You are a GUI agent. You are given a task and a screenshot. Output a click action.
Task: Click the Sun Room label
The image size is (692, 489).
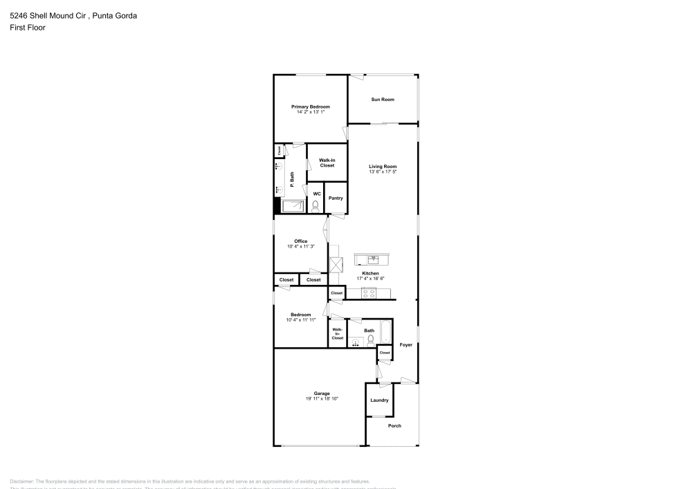tap(383, 100)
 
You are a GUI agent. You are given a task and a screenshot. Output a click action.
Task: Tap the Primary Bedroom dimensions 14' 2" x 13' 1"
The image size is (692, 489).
tap(310, 111)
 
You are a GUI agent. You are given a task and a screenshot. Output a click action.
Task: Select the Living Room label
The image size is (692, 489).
tap(383, 167)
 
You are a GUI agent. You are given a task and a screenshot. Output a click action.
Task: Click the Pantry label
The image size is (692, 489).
tap(336, 199)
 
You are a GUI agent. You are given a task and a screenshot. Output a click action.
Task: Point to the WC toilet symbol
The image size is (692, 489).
tap(316, 205)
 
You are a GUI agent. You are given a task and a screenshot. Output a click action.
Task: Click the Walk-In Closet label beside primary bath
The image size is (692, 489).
tap(327, 163)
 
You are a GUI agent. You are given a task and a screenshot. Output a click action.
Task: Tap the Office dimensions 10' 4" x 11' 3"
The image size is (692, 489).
tap(300, 246)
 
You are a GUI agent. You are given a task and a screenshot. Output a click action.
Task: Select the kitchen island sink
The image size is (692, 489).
tap(372, 259)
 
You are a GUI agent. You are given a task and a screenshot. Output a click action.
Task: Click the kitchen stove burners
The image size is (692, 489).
tap(370, 293)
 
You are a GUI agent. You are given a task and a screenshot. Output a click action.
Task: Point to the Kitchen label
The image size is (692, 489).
tap(370, 273)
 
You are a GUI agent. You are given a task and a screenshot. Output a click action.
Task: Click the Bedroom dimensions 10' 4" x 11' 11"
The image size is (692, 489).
tap(300, 320)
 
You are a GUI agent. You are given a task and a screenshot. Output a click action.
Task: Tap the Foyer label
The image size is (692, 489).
tap(406, 344)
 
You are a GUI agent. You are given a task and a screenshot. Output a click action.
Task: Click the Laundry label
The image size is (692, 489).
tap(379, 400)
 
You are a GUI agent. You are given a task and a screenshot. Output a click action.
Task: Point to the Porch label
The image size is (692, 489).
tap(394, 425)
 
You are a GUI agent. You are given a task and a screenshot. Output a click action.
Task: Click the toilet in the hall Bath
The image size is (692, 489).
tap(371, 340)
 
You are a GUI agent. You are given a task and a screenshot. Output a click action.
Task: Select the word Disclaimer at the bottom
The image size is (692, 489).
tap(22, 481)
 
